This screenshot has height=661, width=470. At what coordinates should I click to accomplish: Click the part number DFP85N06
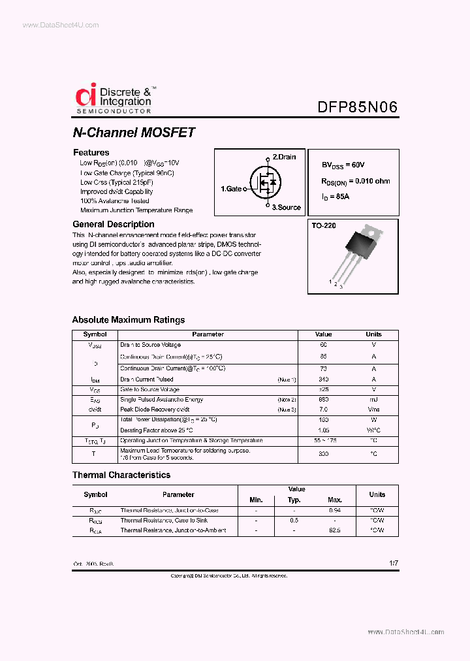tap(358, 107)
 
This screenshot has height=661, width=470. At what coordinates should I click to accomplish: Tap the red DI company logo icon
tap(86, 95)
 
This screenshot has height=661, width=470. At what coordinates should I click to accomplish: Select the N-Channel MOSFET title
tap(133, 133)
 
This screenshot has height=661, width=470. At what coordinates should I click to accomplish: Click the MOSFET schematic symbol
tap(264, 183)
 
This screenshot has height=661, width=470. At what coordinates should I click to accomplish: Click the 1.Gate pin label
tap(231, 189)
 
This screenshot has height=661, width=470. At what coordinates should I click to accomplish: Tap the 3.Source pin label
tap(287, 207)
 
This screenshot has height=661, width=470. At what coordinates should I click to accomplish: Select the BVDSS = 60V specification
tap(343, 165)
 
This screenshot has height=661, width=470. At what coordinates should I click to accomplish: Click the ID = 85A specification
tap(336, 196)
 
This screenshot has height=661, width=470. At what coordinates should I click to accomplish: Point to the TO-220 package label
tap(324, 225)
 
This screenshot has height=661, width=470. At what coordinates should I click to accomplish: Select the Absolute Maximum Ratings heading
tap(128, 320)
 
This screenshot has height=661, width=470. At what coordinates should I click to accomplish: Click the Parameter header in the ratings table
tap(208, 334)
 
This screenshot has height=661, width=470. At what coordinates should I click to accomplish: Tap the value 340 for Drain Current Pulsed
tap(323, 379)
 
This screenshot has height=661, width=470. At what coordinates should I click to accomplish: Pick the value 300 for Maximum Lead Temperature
tap(323, 453)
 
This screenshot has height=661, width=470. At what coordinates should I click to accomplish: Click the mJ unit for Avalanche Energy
tap(374, 400)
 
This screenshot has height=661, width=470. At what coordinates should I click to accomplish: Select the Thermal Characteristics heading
tap(121, 475)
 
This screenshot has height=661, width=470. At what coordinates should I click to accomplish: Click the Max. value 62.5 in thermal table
tap(335, 530)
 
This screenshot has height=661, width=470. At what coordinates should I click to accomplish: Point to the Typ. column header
tap(294, 500)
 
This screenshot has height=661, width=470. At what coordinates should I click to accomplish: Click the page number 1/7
tap(392, 562)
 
